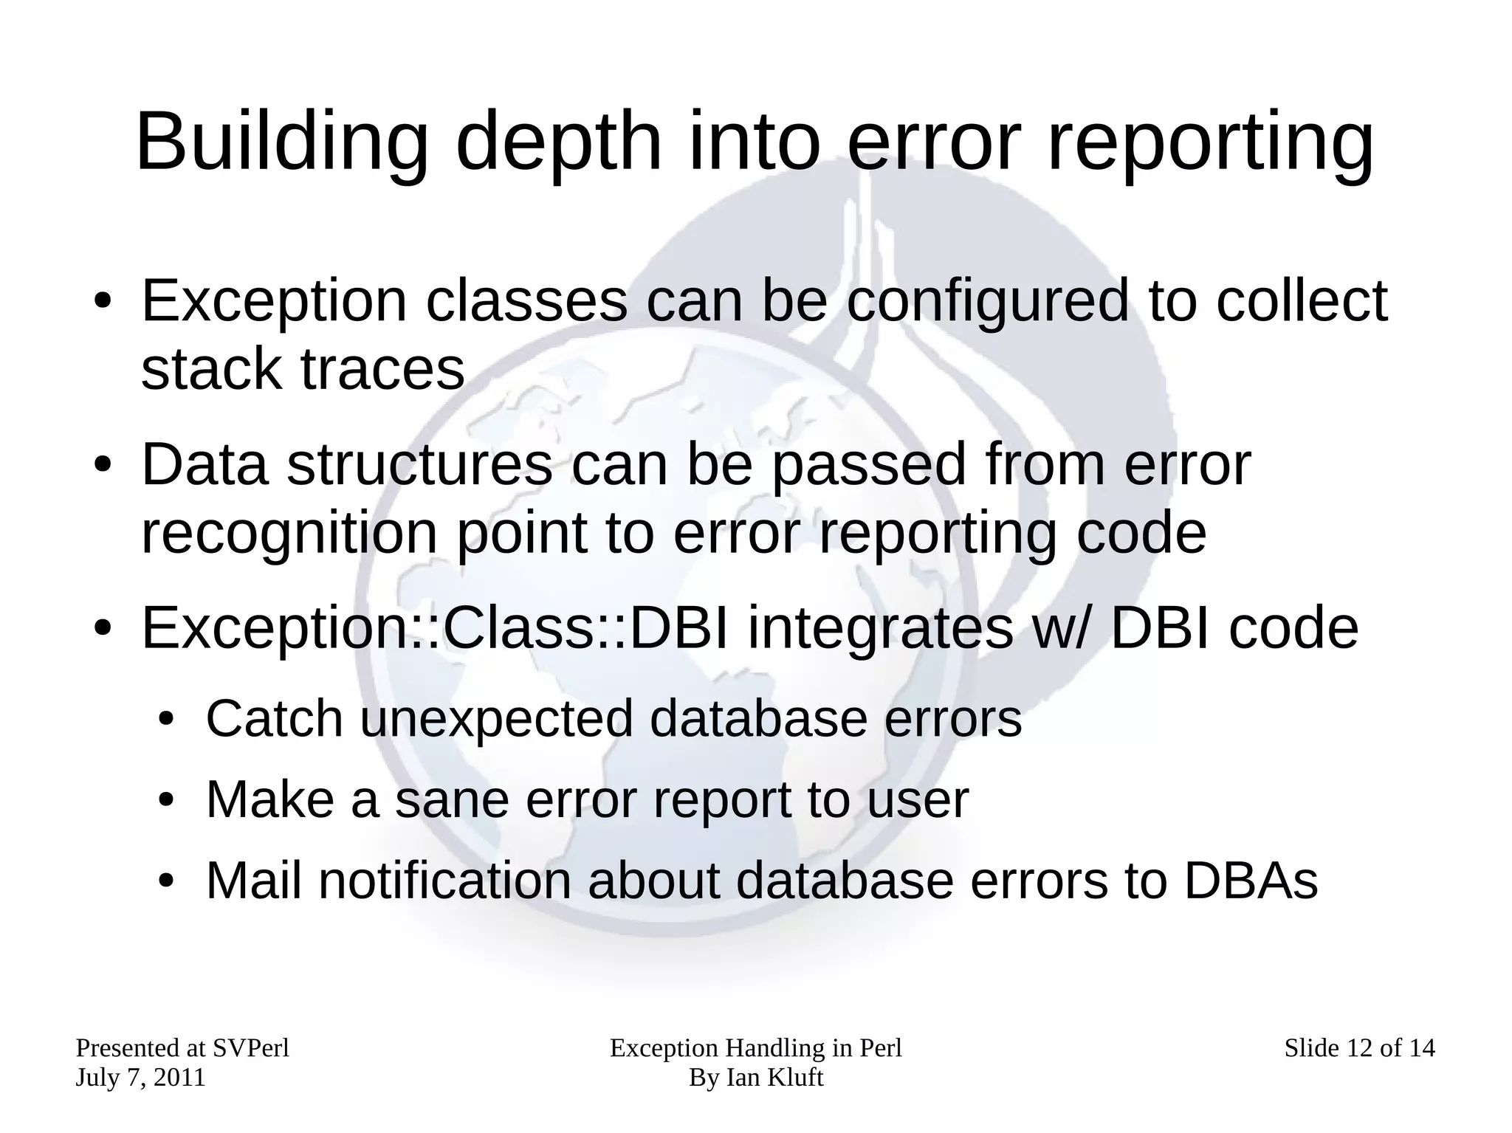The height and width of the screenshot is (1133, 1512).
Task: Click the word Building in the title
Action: pyautogui.click(x=281, y=142)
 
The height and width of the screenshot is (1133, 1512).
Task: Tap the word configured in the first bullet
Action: pyautogui.click(x=987, y=303)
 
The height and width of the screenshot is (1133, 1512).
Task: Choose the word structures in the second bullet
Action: pyautogui.click(x=419, y=465)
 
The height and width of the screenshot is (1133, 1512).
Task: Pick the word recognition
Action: pyautogui.click(x=289, y=534)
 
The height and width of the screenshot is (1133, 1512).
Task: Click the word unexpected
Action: pyautogui.click(x=496, y=720)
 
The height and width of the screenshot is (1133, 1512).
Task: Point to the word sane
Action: pyautogui.click(x=451, y=800)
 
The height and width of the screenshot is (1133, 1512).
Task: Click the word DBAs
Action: pyautogui.click(x=1251, y=881)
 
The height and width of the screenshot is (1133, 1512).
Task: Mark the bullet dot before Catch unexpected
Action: pyautogui.click(x=166, y=720)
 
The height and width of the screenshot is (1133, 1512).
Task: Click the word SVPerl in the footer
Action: pyautogui.click(x=250, y=1049)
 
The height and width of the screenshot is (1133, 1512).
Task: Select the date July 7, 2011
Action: pyautogui.click(x=140, y=1078)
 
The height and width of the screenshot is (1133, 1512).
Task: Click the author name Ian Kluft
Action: pyautogui.click(x=774, y=1078)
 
